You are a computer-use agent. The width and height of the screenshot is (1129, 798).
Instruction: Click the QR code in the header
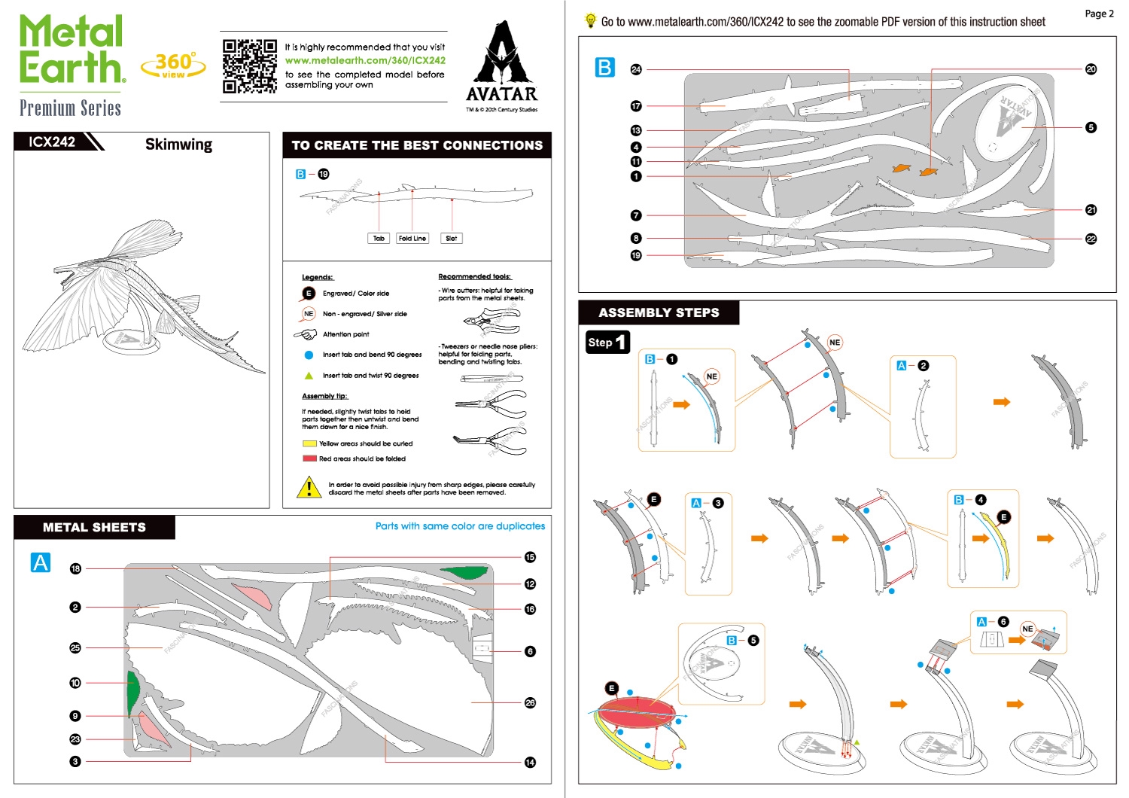(x=250, y=66)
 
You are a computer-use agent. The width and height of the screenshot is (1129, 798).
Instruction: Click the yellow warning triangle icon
(x=309, y=488)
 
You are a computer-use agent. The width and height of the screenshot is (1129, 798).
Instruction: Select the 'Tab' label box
(x=379, y=239)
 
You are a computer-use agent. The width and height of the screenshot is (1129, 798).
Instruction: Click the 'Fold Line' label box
(x=412, y=239)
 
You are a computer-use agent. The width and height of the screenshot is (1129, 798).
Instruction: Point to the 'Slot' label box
(x=451, y=239)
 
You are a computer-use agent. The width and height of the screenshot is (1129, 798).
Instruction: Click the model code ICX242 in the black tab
(x=52, y=142)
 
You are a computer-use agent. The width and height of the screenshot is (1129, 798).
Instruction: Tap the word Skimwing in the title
(x=178, y=145)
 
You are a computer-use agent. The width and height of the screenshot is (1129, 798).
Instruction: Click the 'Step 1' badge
(x=607, y=343)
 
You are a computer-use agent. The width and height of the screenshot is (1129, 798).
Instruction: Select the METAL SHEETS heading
(x=94, y=527)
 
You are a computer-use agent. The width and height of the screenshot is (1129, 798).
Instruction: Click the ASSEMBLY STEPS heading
(x=659, y=312)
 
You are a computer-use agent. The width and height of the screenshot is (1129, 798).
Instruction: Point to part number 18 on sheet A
(x=75, y=568)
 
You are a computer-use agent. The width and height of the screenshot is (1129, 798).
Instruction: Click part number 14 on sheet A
(x=530, y=762)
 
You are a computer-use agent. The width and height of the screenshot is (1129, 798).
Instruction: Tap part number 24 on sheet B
(x=636, y=69)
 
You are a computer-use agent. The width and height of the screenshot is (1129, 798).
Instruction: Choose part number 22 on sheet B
(x=1091, y=239)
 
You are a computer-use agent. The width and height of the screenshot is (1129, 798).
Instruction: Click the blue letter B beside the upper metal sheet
(x=604, y=68)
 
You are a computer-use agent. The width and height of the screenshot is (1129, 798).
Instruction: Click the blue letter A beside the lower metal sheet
(x=41, y=562)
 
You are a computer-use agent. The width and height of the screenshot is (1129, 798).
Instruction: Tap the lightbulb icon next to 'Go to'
(x=590, y=20)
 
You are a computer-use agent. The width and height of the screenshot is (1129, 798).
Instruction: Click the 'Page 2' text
(x=1099, y=14)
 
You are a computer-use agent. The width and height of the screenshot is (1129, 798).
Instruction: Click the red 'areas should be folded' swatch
(x=309, y=458)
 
